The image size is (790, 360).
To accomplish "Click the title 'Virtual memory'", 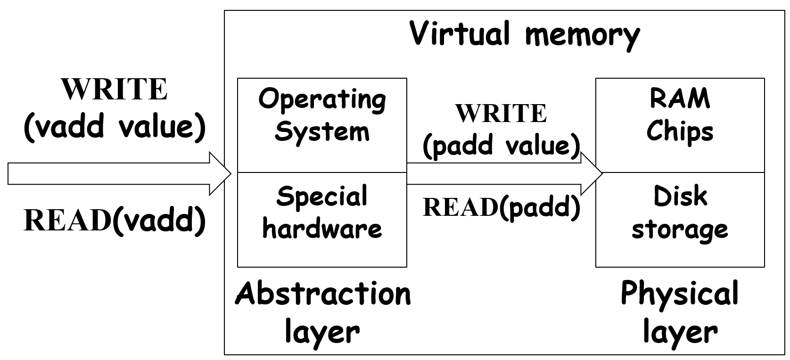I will coord(524,34).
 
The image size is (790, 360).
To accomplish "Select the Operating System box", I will coord(322,125).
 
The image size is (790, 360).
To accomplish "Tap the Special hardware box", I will coord(322,220).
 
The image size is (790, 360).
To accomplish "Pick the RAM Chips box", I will coord(680,125).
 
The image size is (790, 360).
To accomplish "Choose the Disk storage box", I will coord(680,220).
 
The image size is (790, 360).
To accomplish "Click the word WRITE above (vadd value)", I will coord(114,90).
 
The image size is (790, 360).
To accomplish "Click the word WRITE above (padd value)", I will coord(501,114).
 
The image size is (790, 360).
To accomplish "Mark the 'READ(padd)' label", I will coord(501,207).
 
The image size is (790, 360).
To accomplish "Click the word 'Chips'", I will coord(680,131).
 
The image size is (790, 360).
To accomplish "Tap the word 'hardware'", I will coord(322,229).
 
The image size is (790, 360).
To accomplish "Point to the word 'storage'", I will coord(680,230).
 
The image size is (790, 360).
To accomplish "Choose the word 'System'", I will coord(322,131).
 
